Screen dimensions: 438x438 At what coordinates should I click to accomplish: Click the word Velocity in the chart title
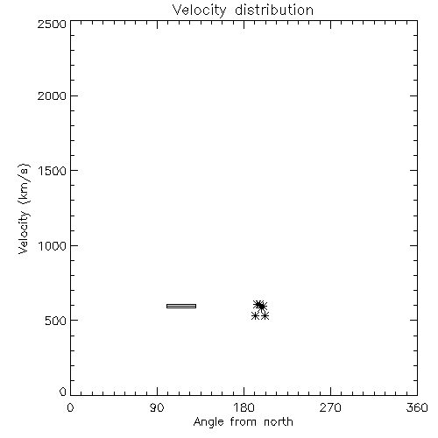click(199, 11)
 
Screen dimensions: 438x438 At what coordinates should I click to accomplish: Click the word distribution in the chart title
click(274, 10)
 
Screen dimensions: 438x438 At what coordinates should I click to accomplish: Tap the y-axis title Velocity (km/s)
click(24, 208)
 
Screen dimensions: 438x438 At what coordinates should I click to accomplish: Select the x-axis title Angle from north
click(243, 422)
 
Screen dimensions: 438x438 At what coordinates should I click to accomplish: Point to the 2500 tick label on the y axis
click(52, 24)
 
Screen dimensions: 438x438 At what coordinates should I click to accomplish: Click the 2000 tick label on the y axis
click(52, 95)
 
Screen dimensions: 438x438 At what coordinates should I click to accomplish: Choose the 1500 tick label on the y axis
click(53, 171)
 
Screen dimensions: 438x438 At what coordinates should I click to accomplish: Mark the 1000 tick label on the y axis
click(53, 245)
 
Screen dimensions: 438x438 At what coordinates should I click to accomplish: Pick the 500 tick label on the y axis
click(56, 321)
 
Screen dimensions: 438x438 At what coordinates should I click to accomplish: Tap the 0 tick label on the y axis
click(63, 392)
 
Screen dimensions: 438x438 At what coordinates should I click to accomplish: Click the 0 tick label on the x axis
click(70, 407)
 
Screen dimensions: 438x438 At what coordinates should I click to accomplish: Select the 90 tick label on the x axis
click(157, 407)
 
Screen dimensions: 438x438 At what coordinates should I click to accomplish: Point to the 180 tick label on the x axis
click(244, 407)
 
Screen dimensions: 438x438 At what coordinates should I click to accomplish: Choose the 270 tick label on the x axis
click(330, 407)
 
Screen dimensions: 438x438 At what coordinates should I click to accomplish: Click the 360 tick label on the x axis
click(417, 407)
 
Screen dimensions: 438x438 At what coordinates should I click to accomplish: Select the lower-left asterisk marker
click(255, 315)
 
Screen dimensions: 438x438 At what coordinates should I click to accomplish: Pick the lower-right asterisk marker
click(265, 315)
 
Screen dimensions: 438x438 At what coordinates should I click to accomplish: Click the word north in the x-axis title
click(279, 422)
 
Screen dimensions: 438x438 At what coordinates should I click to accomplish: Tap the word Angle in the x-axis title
click(208, 422)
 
